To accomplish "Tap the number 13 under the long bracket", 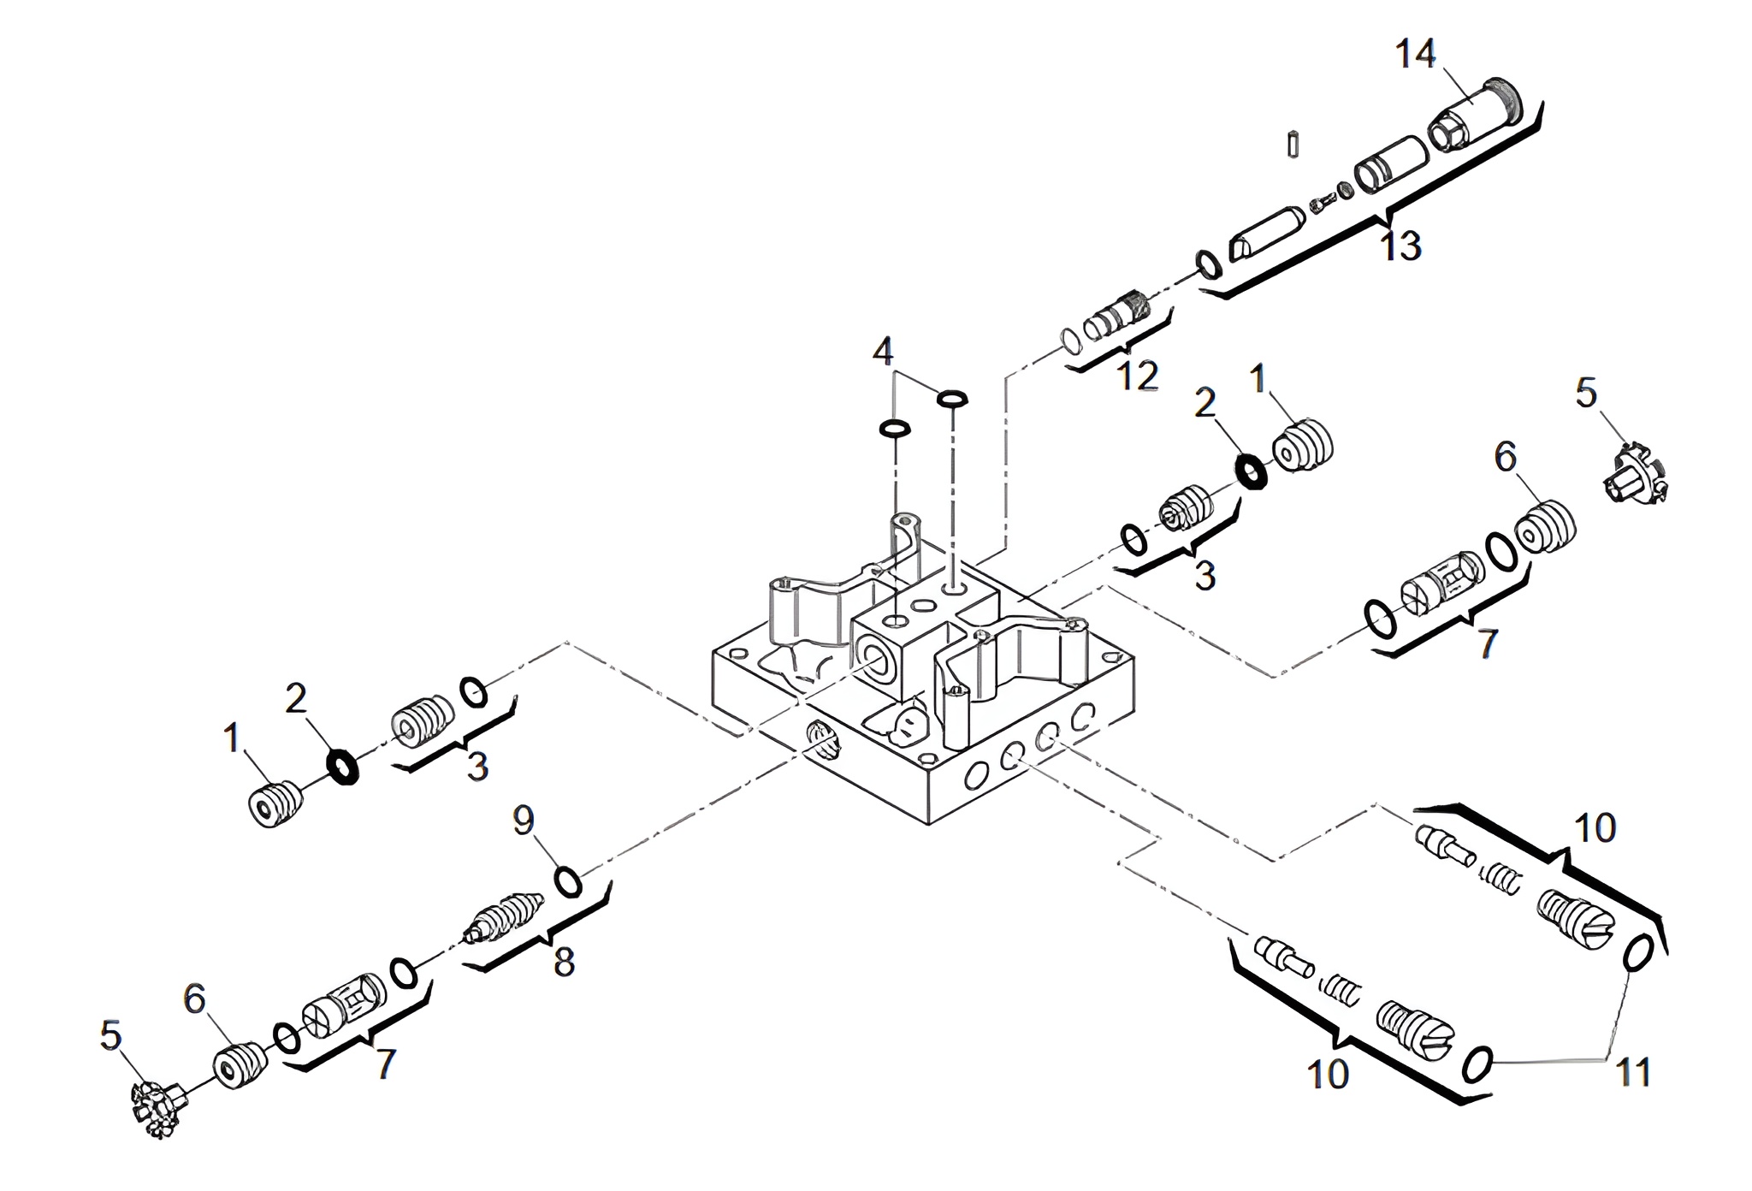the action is pyautogui.click(x=1400, y=246).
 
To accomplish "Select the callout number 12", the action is pyautogui.click(x=1137, y=375).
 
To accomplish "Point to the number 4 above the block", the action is pyautogui.click(x=883, y=351).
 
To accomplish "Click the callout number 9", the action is pyautogui.click(x=524, y=821).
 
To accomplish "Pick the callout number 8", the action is pyautogui.click(x=564, y=963).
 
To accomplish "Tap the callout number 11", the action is pyautogui.click(x=1632, y=1072).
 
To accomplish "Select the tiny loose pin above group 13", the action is pyautogui.click(x=1293, y=143).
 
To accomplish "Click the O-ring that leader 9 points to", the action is pyautogui.click(x=569, y=881).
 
